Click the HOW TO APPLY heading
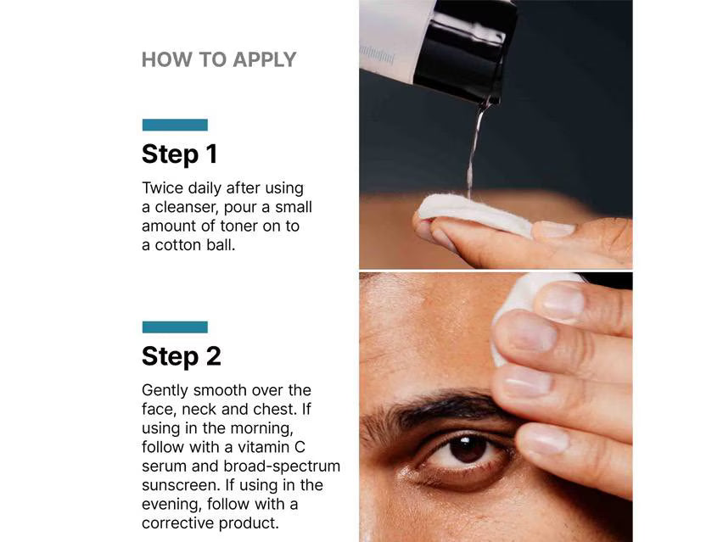click(219, 60)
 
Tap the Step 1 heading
click(179, 154)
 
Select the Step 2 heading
click(182, 356)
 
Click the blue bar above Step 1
click(175, 125)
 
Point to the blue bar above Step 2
click(175, 327)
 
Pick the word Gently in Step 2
click(165, 391)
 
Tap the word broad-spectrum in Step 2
click(282, 467)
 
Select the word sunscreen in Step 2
click(182, 485)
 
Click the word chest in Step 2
click(277, 410)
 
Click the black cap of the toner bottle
click(466, 51)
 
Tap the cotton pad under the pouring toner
click(475, 214)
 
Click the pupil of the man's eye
click(468, 448)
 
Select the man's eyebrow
click(443, 405)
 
